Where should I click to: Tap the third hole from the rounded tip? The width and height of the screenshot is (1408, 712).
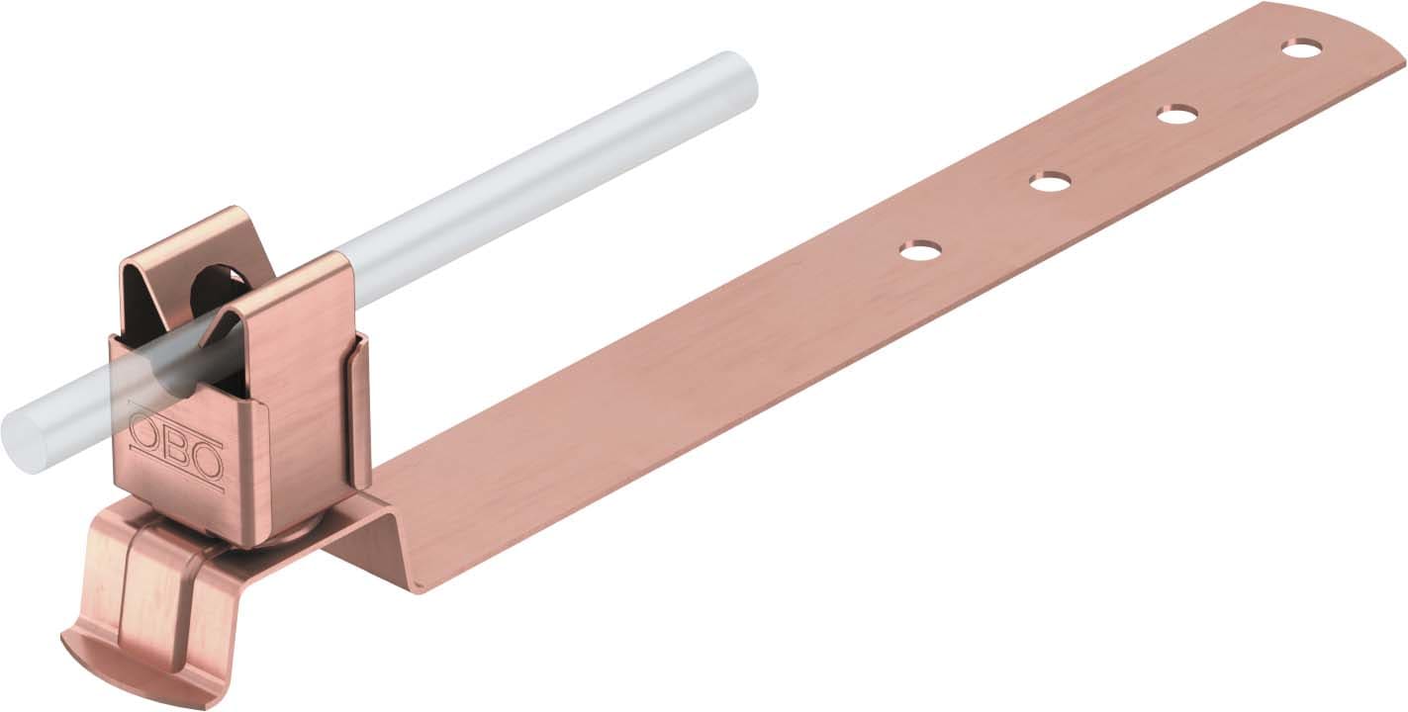pos(1049,182)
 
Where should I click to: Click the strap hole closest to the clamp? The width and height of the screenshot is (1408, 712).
pos(920,250)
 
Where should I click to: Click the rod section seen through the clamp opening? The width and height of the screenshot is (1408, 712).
pos(188,371)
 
